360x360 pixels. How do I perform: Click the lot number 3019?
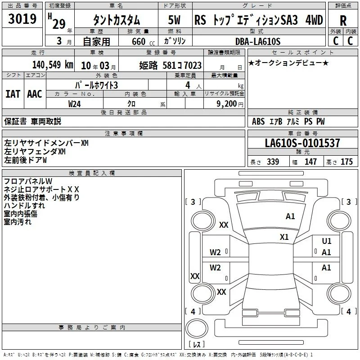22,18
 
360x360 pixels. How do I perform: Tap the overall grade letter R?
343,21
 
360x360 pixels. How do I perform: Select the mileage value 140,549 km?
53,65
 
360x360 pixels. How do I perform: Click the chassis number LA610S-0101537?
302,143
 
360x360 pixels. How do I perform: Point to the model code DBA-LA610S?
258,41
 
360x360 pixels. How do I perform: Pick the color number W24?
74,104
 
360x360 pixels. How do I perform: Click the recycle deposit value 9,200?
227,104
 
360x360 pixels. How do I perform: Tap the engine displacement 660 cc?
143,41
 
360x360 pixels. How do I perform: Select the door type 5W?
174,20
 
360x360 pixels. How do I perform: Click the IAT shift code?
13,94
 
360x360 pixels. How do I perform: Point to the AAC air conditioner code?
35,94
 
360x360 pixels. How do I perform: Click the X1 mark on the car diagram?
284,237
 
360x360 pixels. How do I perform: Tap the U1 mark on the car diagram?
327,241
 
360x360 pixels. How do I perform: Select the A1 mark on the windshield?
290,216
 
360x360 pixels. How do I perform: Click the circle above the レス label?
197,328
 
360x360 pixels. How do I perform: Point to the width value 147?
310,162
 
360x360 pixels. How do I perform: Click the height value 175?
346,162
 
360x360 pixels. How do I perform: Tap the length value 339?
273,162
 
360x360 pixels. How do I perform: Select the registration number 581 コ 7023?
182,65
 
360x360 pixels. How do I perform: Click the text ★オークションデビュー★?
288,63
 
